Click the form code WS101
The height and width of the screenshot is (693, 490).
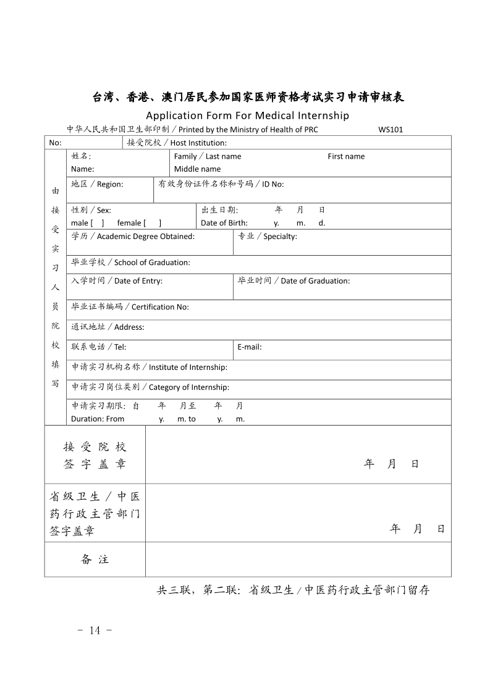click(x=391, y=130)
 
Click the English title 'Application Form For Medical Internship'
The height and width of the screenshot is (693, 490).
click(x=247, y=115)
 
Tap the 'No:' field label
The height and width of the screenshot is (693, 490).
click(x=55, y=143)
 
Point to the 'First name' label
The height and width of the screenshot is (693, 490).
click(x=346, y=156)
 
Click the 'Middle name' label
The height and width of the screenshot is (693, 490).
click(x=197, y=169)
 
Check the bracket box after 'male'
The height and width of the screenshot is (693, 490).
click(x=98, y=223)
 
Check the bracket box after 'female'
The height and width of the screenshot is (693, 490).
click(x=152, y=223)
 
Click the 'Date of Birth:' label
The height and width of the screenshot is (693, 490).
click(x=224, y=223)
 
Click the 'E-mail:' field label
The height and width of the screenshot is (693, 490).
click(x=250, y=347)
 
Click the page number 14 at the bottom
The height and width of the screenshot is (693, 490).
click(x=95, y=630)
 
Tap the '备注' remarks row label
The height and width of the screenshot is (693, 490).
click(x=95, y=560)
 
